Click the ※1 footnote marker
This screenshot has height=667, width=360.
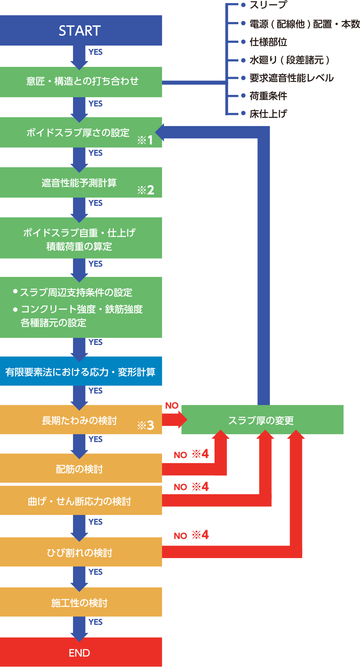click(x=145, y=140)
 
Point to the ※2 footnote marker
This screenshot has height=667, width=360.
click(x=146, y=190)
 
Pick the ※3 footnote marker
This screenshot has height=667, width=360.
click(x=146, y=425)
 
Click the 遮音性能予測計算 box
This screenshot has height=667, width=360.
click(x=79, y=183)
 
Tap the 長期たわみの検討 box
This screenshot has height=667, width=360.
click(x=79, y=420)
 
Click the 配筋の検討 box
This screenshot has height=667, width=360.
click(x=79, y=469)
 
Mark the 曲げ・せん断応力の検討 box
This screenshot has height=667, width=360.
click(x=79, y=501)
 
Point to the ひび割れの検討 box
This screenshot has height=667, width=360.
click(x=79, y=552)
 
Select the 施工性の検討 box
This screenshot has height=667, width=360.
click(x=79, y=602)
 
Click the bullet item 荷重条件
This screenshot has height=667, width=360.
click(x=268, y=96)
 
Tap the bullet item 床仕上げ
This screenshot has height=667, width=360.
click(x=268, y=114)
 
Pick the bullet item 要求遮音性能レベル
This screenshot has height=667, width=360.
click(x=291, y=78)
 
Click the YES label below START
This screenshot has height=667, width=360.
click(x=95, y=52)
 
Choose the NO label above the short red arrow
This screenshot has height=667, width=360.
click(x=172, y=406)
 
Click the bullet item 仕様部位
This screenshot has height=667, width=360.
click(x=268, y=42)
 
